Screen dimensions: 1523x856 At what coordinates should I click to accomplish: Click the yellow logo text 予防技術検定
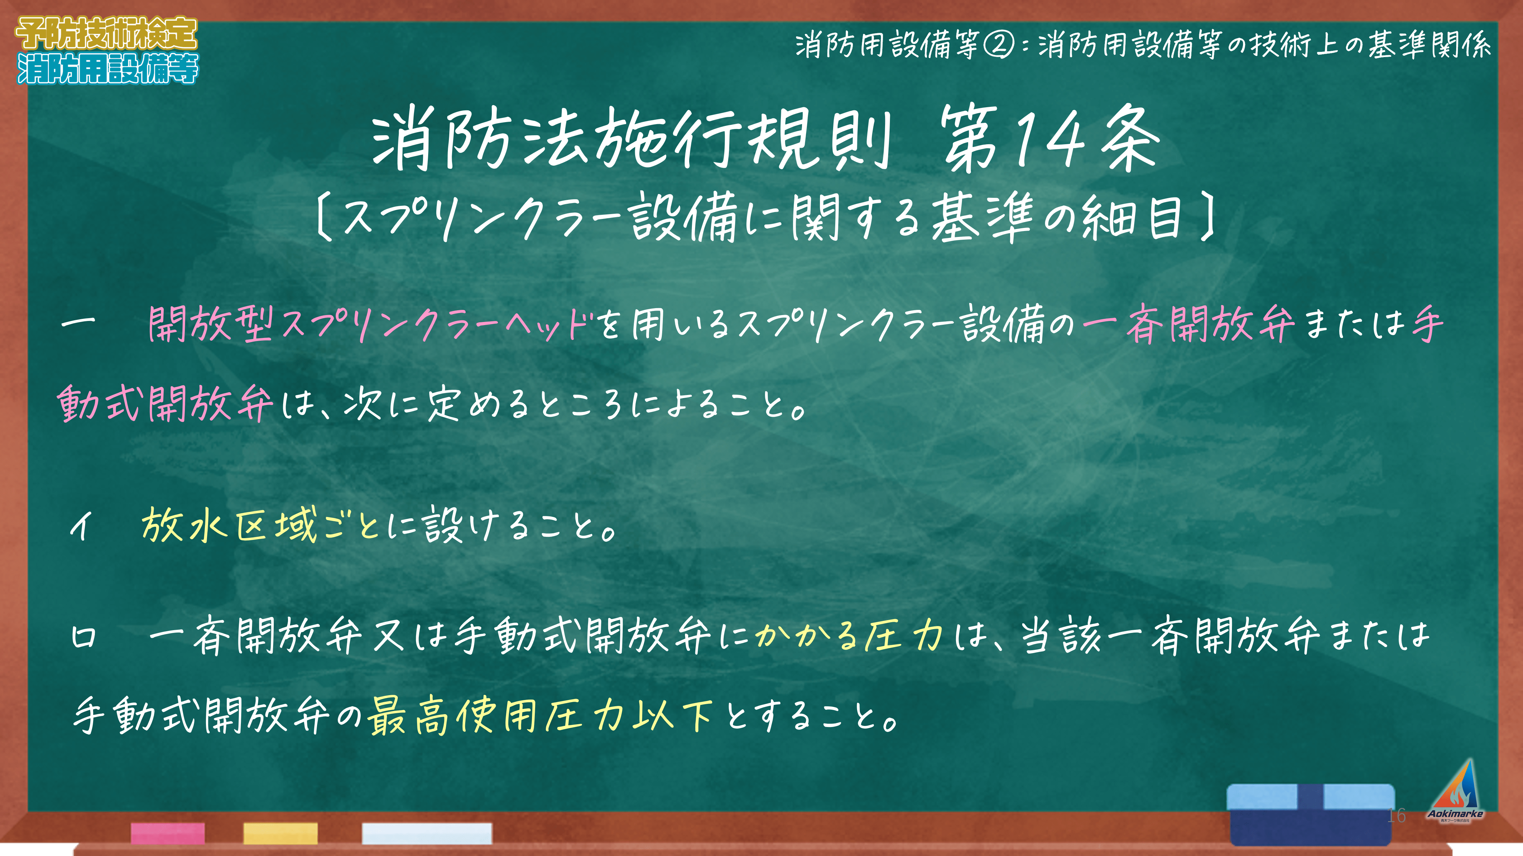[x=106, y=34]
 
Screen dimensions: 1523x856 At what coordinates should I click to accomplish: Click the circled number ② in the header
[x=999, y=45]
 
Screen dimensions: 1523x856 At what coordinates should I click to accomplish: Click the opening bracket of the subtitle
[x=324, y=218]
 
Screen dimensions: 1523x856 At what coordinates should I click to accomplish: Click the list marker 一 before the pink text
[x=78, y=322]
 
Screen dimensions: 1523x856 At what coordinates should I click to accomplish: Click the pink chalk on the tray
[x=168, y=833]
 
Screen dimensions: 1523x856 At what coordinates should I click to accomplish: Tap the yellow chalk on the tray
[x=280, y=833]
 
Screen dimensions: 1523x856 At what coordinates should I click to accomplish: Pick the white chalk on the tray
[x=427, y=833]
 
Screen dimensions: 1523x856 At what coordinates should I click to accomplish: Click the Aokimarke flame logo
[x=1456, y=790]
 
